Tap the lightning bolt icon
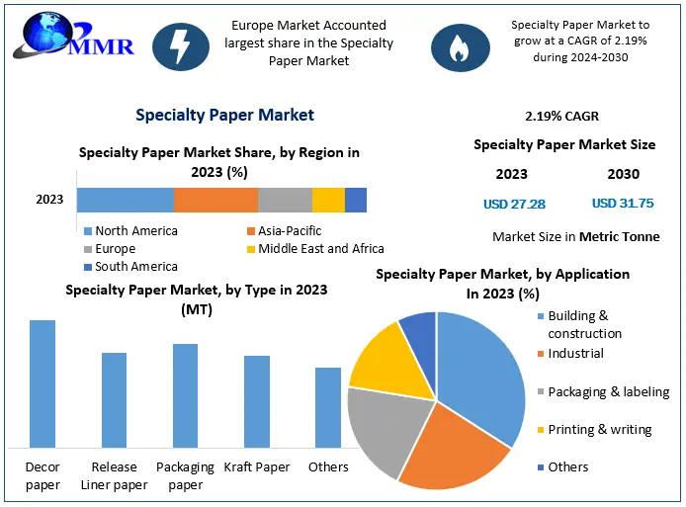tap(181, 46)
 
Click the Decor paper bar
tap(43, 383)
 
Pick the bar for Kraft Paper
tap(257, 401)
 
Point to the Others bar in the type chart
tap(328, 407)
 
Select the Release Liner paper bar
tap(115, 399)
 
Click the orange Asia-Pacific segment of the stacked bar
tap(215, 200)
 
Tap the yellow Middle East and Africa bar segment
tap(328, 200)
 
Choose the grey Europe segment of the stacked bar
tap(285, 200)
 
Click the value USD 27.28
tap(514, 205)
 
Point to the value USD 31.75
tap(623, 204)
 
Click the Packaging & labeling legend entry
tap(608, 392)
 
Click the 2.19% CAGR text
tap(562, 117)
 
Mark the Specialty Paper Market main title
tap(224, 115)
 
